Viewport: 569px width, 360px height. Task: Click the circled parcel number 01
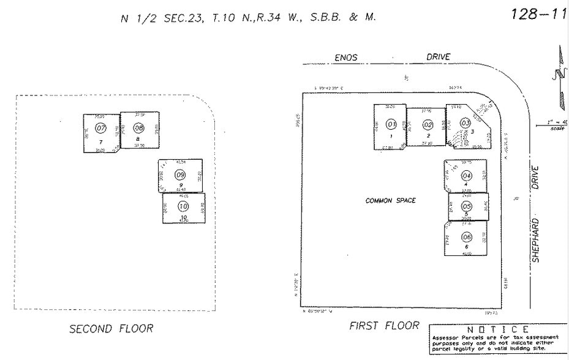click(x=391, y=124)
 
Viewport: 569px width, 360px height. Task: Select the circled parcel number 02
click(x=428, y=125)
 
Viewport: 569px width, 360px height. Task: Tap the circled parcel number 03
click(x=465, y=122)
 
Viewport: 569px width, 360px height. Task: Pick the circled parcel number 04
click(x=467, y=176)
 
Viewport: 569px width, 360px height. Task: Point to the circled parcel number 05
click(x=467, y=207)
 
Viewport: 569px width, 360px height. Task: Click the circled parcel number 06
click(x=467, y=237)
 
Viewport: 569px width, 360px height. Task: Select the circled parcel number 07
click(x=101, y=128)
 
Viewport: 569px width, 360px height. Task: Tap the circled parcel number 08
click(x=138, y=128)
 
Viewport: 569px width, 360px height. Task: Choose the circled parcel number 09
click(x=180, y=175)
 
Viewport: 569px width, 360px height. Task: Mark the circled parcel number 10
click(x=183, y=206)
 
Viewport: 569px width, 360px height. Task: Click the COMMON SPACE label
click(x=390, y=201)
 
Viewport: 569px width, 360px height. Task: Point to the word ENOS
click(x=346, y=58)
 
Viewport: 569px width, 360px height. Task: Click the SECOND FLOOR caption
click(x=111, y=329)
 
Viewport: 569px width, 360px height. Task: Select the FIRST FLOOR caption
click(x=384, y=326)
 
